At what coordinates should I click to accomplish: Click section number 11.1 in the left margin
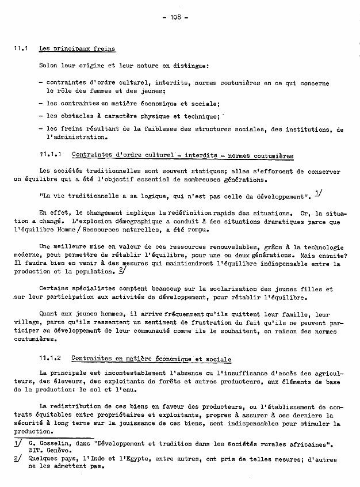[21, 49]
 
